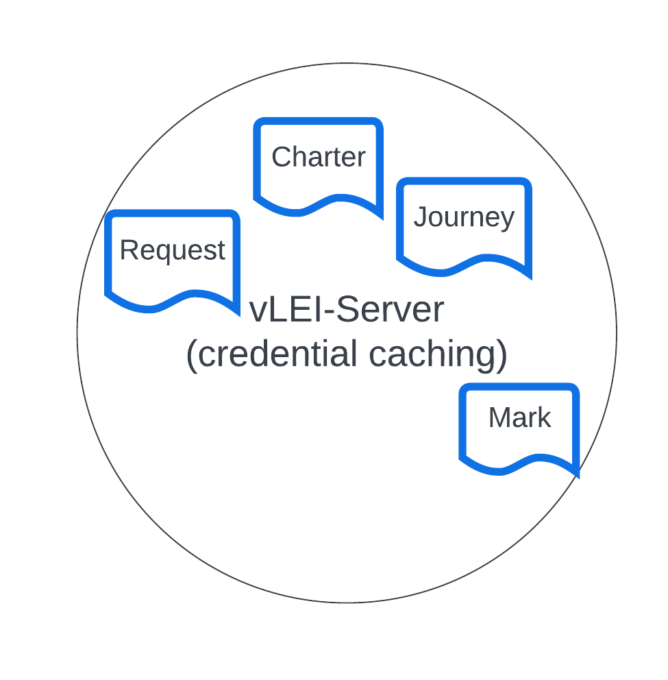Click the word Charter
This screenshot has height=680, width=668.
pos(319,157)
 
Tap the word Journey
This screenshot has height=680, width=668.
pos(464,217)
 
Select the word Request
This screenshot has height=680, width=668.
pos(172,250)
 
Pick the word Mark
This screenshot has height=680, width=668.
pos(519,417)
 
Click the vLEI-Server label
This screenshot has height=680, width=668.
pos(347,310)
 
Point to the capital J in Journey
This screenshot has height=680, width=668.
pos(419,217)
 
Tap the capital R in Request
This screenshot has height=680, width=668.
pos(128,250)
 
